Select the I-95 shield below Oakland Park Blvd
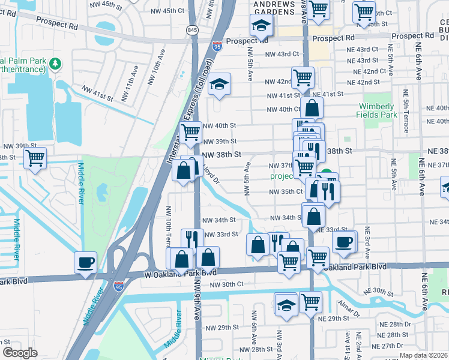pyautogui.click(x=119, y=287)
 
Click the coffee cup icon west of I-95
pyautogui.click(x=85, y=262)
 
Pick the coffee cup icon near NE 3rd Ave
pyautogui.click(x=343, y=242)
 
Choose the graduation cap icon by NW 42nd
pyautogui.click(x=220, y=85)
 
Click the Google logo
pyautogui.click(x=20, y=352)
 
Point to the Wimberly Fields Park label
pyautogui.click(x=378, y=110)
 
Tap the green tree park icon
pyautogui.click(x=55, y=63)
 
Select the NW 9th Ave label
pyautogui.click(x=197, y=306)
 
